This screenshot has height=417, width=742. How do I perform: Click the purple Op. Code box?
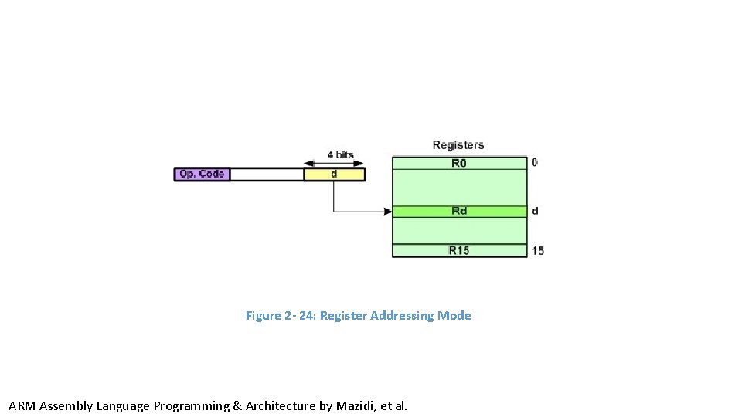(202, 175)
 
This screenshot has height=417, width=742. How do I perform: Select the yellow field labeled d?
(334, 175)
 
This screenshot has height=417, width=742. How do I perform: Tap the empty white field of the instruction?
(267, 175)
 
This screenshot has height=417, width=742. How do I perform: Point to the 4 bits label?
(340, 154)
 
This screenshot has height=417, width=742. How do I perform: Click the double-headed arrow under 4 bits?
(334, 164)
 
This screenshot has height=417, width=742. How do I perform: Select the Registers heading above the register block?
(458, 145)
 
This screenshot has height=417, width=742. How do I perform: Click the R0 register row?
(459, 163)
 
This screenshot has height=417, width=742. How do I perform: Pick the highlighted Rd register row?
(459, 211)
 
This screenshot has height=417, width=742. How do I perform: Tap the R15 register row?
(459, 250)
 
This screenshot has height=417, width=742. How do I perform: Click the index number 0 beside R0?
(534, 163)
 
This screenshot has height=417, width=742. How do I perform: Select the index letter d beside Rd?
(535, 211)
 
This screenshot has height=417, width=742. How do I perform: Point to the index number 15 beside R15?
(538, 250)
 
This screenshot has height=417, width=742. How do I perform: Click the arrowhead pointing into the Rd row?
(388, 211)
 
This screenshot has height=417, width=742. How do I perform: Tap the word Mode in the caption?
(454, 316)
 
